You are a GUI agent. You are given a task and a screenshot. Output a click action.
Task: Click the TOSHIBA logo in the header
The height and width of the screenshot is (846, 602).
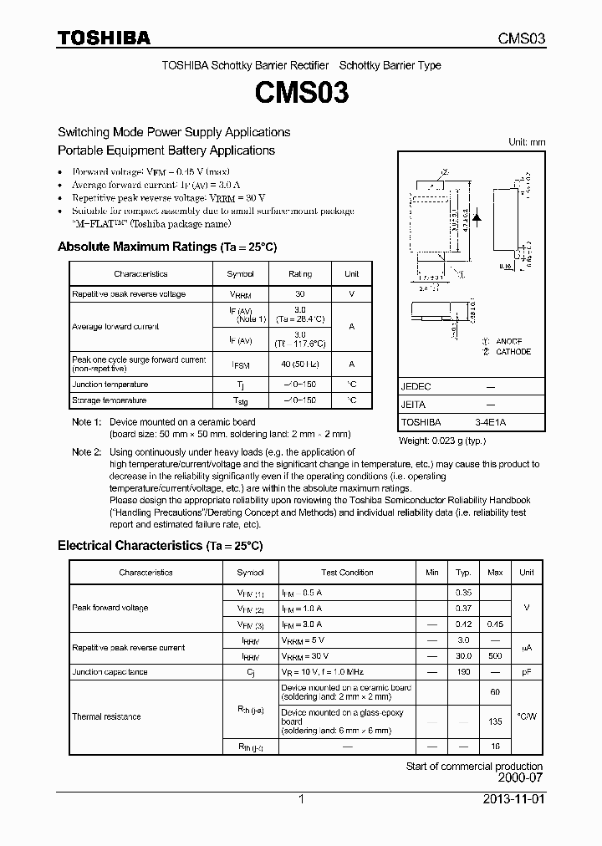coord(104,38)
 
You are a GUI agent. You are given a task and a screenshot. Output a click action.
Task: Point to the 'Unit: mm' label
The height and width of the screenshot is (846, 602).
coord(527,142)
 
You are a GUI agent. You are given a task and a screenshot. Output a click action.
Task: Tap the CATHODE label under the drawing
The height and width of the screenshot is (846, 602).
coord(513,352)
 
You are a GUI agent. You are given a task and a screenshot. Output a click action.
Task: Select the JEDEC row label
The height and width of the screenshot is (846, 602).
coord(416,387)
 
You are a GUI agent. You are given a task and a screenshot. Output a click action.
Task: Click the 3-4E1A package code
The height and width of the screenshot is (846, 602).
coord(490,422)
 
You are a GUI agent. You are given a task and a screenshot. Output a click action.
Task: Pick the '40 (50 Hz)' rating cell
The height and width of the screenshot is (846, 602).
coord(300,364)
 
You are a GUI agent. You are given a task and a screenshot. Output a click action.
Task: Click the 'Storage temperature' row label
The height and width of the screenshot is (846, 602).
coord(109,400)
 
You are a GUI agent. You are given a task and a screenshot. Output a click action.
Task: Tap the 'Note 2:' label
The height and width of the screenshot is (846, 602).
coord(86,452)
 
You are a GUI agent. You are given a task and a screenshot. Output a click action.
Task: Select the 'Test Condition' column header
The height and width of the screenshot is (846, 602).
coord(347,573)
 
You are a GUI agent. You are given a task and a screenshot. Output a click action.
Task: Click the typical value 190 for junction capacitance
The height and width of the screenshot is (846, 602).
coord(463,671)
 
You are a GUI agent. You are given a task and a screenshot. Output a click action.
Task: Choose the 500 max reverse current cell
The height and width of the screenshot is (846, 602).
coord(495,656)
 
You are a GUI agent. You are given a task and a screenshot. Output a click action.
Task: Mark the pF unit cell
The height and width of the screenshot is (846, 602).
coord(526,671)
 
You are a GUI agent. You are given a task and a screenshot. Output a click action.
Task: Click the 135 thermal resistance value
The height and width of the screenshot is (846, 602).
coord(495,721)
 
